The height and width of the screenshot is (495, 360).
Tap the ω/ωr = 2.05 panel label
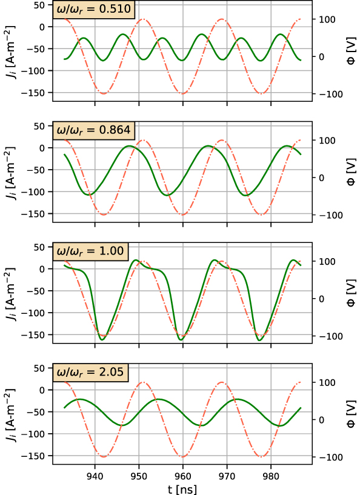(x=92, y=371)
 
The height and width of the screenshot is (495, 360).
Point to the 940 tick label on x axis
(x=95, y=475)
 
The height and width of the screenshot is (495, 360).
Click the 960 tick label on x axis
(x=183, y=475)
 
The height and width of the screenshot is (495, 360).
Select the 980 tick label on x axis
(x=270, y=475)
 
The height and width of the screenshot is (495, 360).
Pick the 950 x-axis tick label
(x=139, y=475)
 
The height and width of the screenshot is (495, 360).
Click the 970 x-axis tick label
(x=227, y=475)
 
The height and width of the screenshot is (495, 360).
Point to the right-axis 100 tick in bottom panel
(x=325, y=383)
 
